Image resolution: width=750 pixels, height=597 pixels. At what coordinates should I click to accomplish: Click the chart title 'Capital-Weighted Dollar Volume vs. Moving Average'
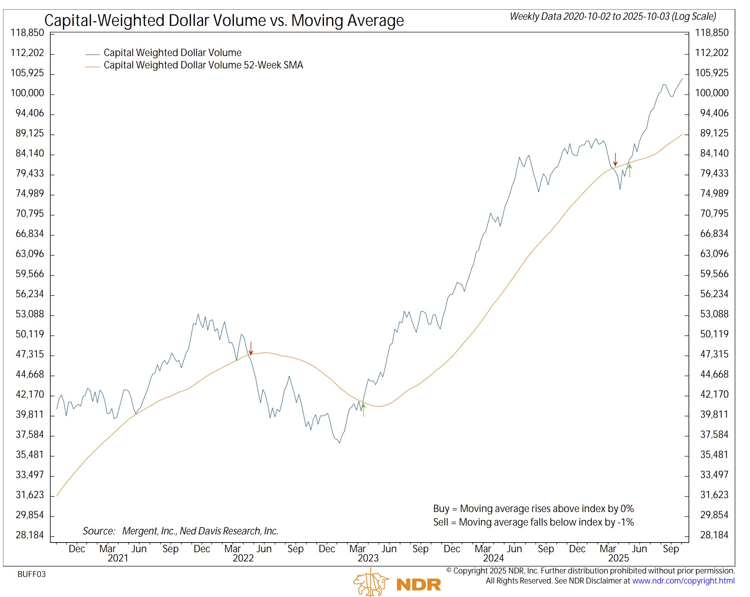click(224, 20)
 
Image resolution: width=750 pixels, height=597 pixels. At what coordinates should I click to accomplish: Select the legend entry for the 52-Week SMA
click(203, 65)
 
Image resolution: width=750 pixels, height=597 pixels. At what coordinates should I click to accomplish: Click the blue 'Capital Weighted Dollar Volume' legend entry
click(172, 53)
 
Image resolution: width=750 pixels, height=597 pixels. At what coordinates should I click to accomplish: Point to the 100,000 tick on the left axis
click(27, 93)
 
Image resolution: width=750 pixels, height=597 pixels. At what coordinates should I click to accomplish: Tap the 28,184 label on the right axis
click(714, 535)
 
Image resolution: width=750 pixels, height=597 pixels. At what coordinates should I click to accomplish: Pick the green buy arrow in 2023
click(363, 410)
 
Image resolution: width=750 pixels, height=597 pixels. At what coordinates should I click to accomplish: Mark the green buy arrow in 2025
click(630, 170)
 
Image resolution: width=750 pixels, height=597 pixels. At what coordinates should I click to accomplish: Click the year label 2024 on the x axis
click(493, 558)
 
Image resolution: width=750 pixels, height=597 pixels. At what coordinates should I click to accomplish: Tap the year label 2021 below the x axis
click(118, 558)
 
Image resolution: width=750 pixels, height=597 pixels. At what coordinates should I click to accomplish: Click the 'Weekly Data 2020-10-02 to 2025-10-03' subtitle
click(613, 17)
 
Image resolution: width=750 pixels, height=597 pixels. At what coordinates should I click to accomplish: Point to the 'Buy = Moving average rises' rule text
click(533, 509)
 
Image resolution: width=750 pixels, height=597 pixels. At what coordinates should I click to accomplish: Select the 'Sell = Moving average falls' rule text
click(533, 522)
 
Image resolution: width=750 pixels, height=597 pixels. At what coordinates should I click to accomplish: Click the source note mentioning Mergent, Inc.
click(180, 531)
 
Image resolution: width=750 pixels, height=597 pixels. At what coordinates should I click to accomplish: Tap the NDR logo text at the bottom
click(419, 585)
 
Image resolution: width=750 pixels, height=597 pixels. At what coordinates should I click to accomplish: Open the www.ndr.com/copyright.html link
click(683, 581)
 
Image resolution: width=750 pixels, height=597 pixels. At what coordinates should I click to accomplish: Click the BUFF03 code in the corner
click(32, 574)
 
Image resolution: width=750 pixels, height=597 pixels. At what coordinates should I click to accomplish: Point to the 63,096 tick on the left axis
click(30, 254)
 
